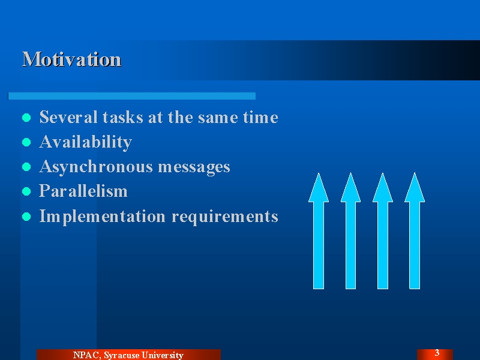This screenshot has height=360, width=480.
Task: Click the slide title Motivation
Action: [x=72, y=59]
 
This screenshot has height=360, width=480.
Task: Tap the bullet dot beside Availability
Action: [x=26, y=142]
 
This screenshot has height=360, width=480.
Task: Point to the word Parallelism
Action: [x=83, y=191]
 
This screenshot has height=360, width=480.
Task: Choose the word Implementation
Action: [x=103, y=217]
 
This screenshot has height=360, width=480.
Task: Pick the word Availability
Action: [x=86, y=142]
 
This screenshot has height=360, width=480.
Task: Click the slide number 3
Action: [x=437, y=353]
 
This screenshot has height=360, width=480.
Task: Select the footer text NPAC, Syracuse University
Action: [x=128, y=355]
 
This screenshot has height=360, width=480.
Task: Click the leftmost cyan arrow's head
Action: [x=319, y=187]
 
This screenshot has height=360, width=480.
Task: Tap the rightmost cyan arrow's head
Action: [x=415, y=187]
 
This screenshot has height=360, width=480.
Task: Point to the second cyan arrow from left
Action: [x=351, y=231]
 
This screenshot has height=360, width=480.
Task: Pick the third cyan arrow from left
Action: [x=383, y=231]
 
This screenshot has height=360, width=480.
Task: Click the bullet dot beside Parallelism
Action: [x=26, y=191]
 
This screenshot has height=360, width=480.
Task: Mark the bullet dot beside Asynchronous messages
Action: [x=26, y=167]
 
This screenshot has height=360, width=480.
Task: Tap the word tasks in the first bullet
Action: [x=123, y=117]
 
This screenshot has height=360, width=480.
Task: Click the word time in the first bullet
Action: [x=260, y=117]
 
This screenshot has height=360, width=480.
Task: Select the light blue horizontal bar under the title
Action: [x=132, y=96]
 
